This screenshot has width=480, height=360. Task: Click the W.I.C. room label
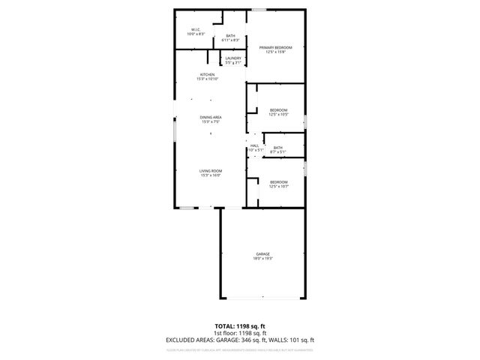[x=194, y=31]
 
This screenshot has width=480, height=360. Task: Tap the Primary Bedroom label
[x=276, y=47]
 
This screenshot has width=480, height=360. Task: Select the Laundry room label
[x=232, y=58]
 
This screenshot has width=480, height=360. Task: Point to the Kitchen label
[x=208, y=74]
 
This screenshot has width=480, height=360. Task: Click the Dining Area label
[x=211, y=117]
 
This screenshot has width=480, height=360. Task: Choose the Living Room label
[x=210, y=170]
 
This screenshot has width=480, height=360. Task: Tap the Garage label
[x=262, y=254]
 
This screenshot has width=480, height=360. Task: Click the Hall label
[x=254, y=145]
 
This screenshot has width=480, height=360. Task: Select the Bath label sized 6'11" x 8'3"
[x=231, y=35]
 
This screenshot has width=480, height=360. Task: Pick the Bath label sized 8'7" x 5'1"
[x=277, y=148]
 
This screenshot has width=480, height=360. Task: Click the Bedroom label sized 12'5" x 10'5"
[x=279, y=110]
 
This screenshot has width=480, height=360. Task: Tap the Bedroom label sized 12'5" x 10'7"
[x=279, y=181]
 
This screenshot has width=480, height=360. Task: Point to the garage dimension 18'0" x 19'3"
[x=262, y=259]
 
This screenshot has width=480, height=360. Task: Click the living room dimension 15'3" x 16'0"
[x=210, y=175]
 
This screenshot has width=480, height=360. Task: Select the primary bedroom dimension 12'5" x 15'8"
[x=276, y=52]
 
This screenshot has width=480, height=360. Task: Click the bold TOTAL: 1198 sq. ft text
[x=239, y=327]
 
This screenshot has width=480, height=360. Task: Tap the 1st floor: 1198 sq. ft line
[x=239, y=333]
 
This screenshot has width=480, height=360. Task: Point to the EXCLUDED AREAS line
[x=239, y=339]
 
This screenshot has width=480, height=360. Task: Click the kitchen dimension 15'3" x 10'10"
[x=208, y=79]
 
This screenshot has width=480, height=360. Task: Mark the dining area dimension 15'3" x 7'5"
[x=211, y=121]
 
